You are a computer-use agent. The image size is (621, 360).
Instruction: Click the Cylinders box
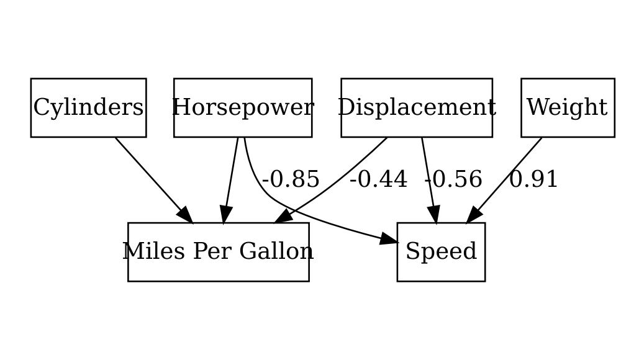click(88, 107)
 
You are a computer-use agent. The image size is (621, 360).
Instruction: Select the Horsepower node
click(243, 107)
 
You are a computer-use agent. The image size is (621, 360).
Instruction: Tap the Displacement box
click(417, 107)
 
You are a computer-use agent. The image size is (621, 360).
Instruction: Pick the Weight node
click(567, 107)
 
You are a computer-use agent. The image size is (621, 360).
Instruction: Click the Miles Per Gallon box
click(218, 251)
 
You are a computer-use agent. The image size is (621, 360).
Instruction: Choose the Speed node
click(441, 251)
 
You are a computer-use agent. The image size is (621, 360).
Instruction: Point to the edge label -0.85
click(291, 179)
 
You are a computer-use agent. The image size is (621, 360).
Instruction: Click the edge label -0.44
click(378, 179)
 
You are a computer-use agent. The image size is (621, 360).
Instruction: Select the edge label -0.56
click(453, 179)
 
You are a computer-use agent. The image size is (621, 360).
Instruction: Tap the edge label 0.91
click(533, 179)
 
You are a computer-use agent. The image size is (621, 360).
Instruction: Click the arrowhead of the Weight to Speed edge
click(473, 215)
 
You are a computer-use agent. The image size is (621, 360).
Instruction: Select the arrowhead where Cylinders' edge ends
click(185, 215)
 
